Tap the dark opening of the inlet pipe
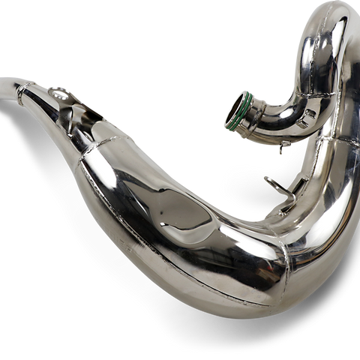point(238,110)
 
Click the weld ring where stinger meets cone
point(22,93)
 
